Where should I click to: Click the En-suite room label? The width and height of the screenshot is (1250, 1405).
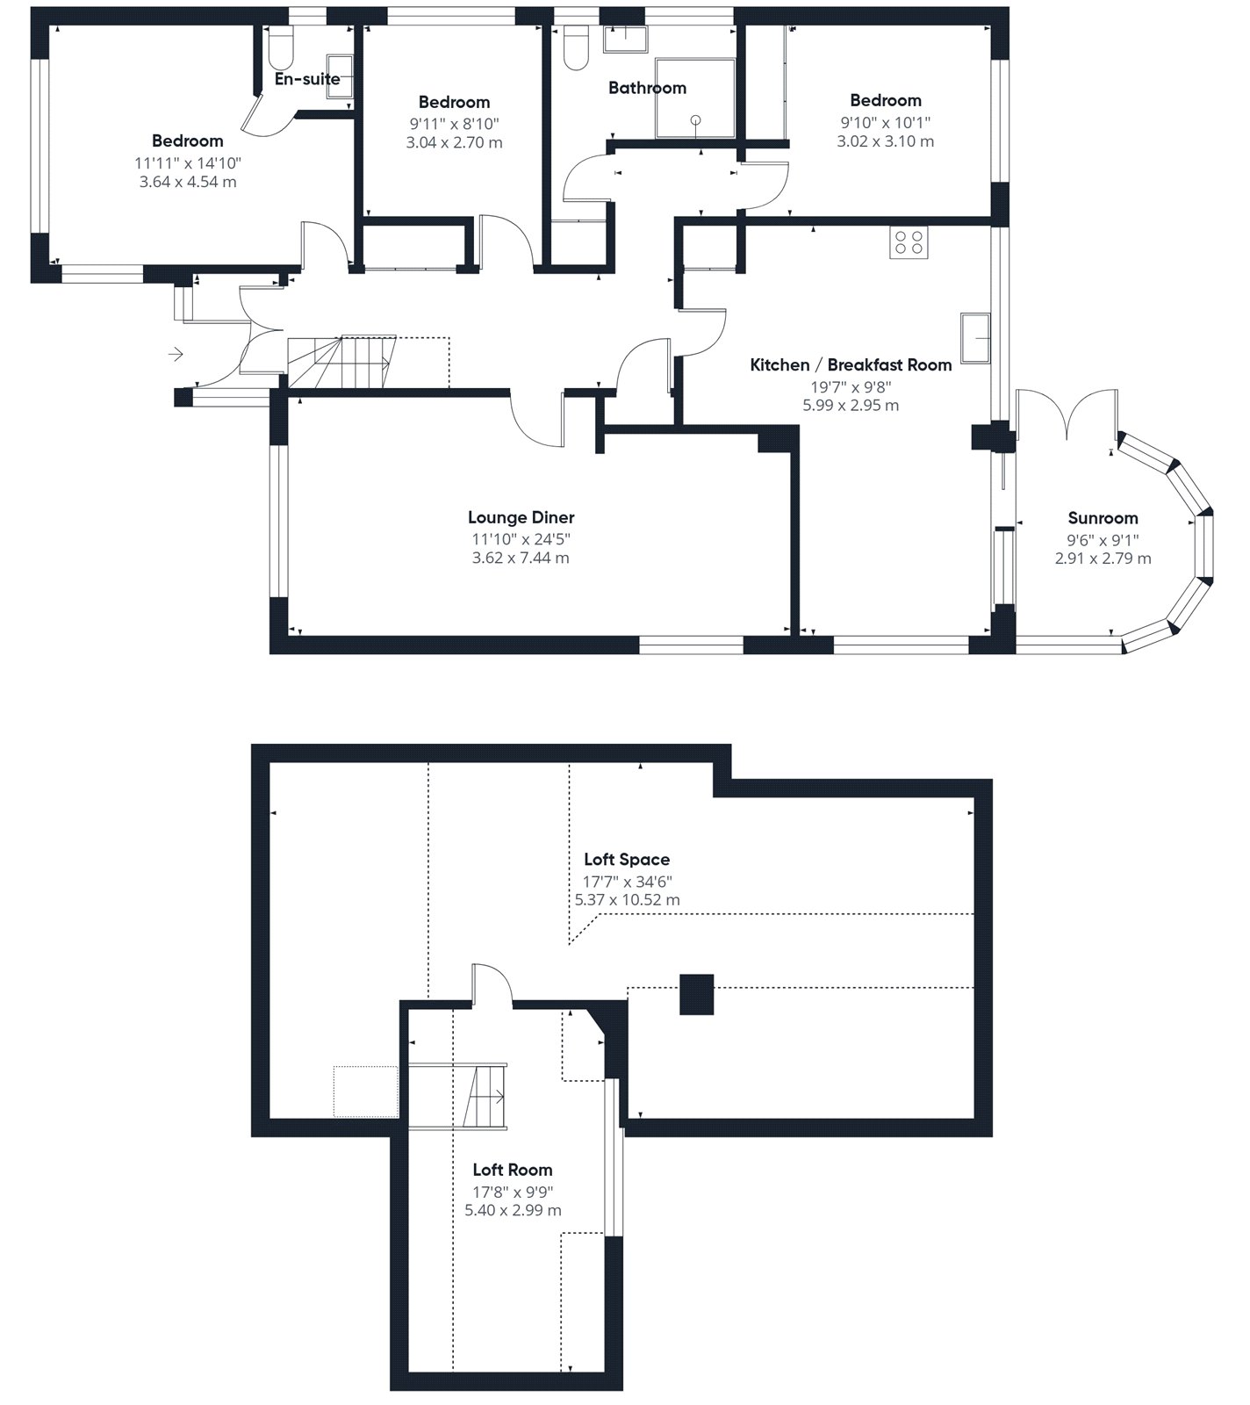[307, 79]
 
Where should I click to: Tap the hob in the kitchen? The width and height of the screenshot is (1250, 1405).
[909, 242]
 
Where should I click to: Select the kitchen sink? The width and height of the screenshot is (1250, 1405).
[975, 337]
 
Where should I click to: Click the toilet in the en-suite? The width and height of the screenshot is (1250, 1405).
[281, 48]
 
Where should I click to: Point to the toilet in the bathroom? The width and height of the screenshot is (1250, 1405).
[576, 48]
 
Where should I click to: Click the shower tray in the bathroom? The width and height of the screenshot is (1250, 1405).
[695, 98]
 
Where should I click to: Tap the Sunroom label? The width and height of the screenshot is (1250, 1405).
[1103, 518]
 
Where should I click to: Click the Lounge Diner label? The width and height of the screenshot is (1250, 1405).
[521, 517]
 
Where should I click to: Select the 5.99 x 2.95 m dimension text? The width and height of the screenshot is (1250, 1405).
[851, 406]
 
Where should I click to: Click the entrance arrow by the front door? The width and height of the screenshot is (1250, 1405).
[176, 354]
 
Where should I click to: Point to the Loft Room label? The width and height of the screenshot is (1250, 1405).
[513, 1170]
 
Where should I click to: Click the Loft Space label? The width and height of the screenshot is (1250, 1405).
[627, 860]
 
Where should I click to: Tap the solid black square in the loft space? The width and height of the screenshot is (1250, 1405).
[697, 995]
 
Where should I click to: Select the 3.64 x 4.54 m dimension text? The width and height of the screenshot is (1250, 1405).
[188, 183]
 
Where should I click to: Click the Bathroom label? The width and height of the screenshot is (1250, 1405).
[647, 88]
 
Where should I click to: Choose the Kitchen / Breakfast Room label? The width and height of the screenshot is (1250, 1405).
[851, 365]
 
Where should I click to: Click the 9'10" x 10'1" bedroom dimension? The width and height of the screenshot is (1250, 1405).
[886, 123]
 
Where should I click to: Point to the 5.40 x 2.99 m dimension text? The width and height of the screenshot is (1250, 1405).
[513, 1210]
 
